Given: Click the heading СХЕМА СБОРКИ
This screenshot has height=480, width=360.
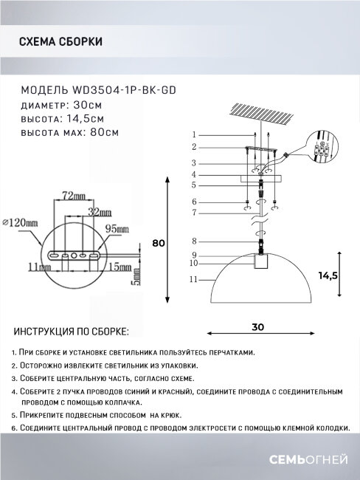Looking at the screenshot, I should click(x=60, y=41).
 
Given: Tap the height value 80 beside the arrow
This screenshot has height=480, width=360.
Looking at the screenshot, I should click(x=156, y=244).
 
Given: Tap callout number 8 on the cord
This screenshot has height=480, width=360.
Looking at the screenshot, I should click(x=193, y=241).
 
